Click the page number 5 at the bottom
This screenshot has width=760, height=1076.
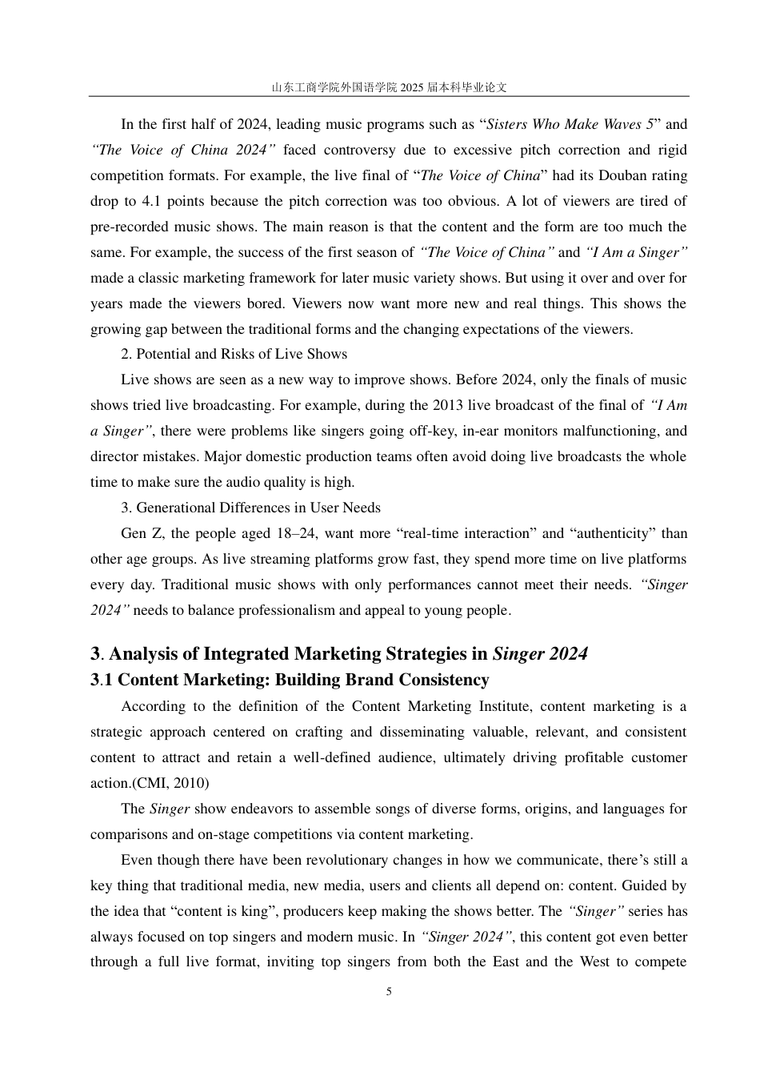(x=389, y=991)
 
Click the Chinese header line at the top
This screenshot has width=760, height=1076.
(x=389, y=87)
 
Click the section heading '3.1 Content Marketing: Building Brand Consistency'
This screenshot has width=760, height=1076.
(x=290, y=680)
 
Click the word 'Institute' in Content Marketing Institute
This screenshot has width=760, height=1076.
(x=502, y=706)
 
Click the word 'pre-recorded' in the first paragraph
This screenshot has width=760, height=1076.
(x=128, y=227)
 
